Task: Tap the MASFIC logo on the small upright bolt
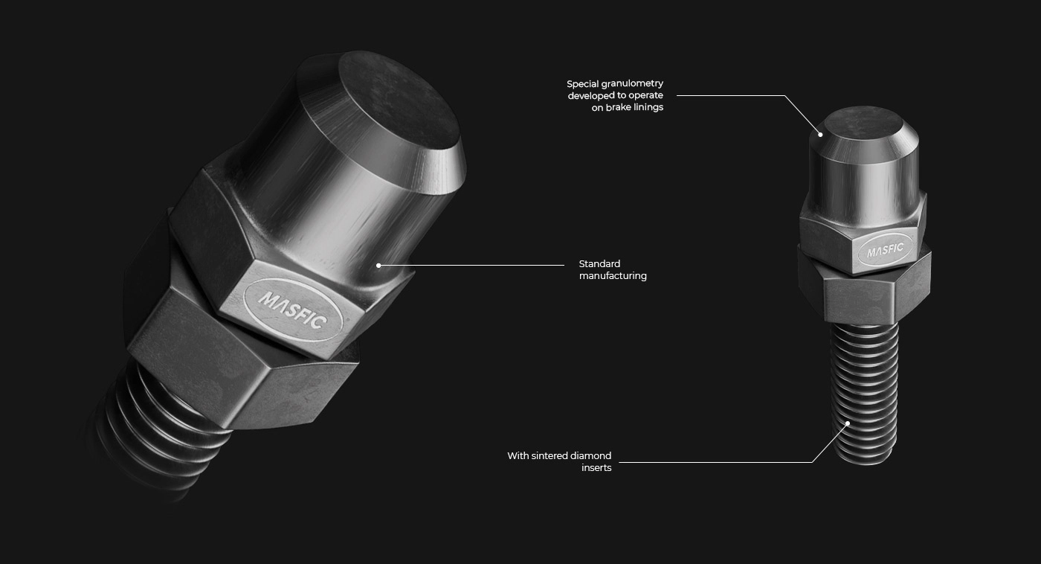click(x=885, y=251)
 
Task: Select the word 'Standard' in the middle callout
click(x=599, y=263)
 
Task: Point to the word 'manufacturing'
click(x=613, y=276)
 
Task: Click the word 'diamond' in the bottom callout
click(x=593, y=455)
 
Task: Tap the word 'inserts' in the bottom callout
click(x=596, y=468)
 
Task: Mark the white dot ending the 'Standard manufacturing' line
click(x=378, y=266)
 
